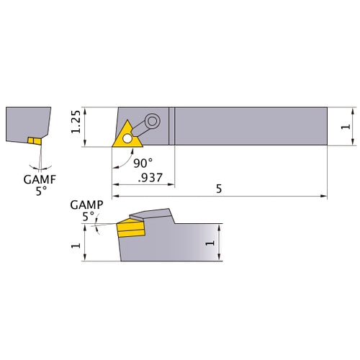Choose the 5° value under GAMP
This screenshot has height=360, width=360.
[x=87, y=215]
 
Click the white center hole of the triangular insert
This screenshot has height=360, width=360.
[x=127, y=137]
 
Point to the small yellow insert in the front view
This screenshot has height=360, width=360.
[x=33, y=140]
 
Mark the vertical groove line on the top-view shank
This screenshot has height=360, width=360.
[x=172, y=127]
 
